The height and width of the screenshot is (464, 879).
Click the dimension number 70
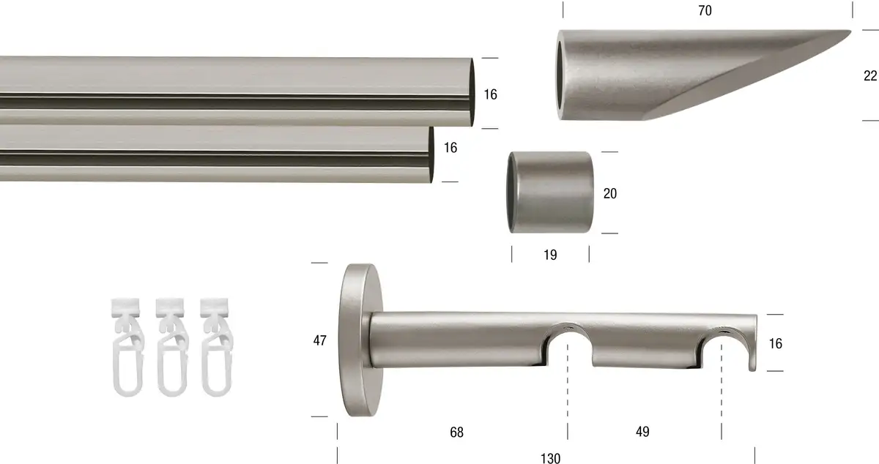pyautogui.click(x=705, y=10)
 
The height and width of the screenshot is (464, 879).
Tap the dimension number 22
pyautogui.click(x=870, y=75)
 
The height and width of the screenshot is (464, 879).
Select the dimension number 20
pyautogui.click(x=609, y=193)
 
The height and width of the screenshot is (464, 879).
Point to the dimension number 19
pyautogui.click(x=550, y=255)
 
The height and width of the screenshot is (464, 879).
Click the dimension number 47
pyautogui.click(x=319, y=340)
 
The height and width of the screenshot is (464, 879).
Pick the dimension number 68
pyautogui.click(x=456, y=433)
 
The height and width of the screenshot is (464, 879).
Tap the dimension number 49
pyautogui.click(x=642, y=432)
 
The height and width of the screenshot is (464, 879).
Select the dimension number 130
pyautogui.click(x=550, y=458)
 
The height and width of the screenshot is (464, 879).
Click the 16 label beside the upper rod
pyautogui.click(x=490, y=94)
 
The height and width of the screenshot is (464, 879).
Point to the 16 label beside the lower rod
pyautogui.click(x=450, y=148)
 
